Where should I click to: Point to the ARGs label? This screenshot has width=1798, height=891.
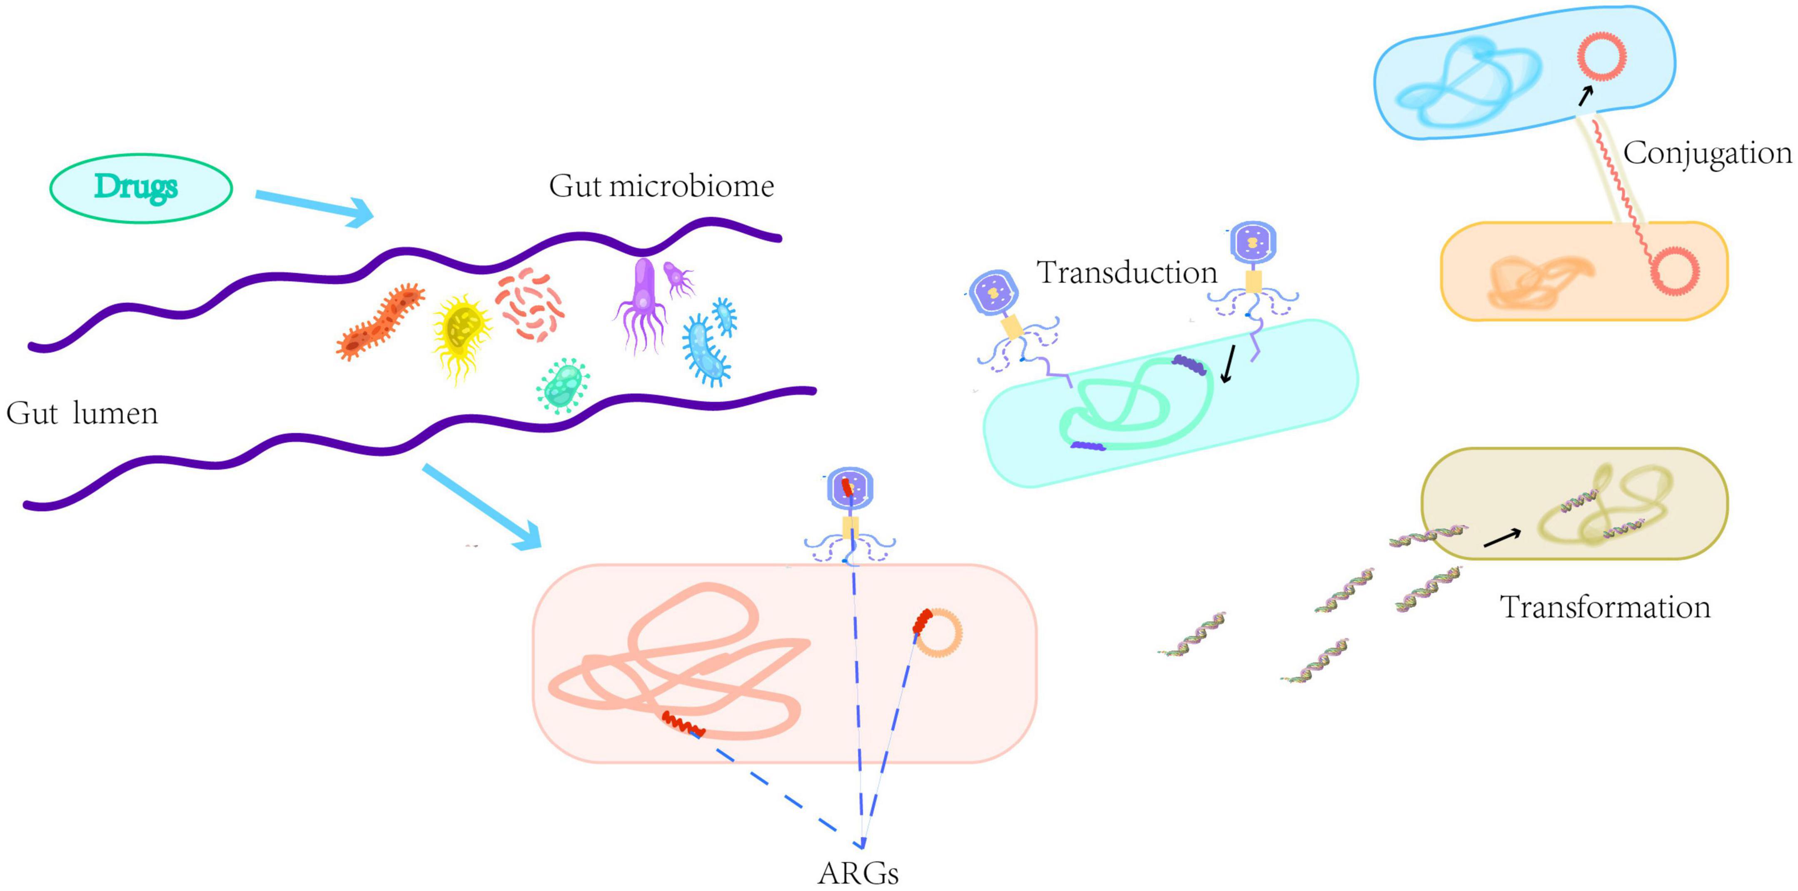click(858, 873)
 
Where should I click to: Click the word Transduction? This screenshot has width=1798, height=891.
click(1127, 272)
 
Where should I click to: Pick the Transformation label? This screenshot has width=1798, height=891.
click(1605, 607)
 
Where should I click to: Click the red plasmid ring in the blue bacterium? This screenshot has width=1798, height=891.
click(1602, 56)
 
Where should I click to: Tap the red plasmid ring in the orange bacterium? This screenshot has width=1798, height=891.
click(1674, 270)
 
